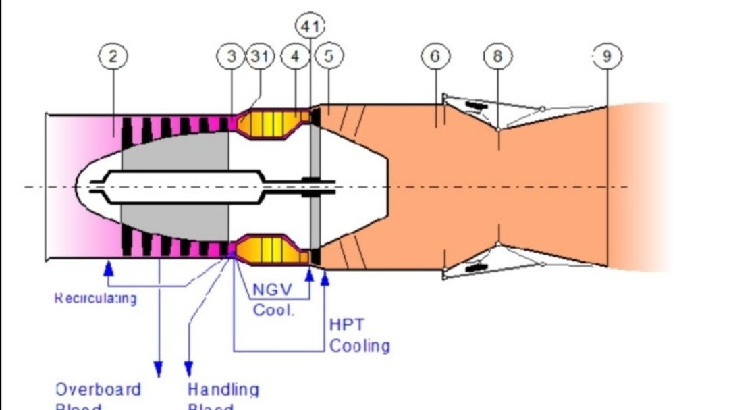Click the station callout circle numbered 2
click(x=113, y=57)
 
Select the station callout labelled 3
click(x=232, y=57)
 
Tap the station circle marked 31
click(x=260, y=57)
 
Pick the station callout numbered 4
click(x=295, y=57)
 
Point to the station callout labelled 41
click(x=310, y=26)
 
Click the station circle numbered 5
click(x=329, y=57)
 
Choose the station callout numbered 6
click(x=435, y=57)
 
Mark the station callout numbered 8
click(x=497, y=57)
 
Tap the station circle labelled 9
click(x=607, y=57)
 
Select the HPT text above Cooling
click(x=347, y=324)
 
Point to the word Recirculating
click(x=95, y=298)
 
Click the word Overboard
click(x=98, y=390)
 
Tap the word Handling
click(x=223, y=390)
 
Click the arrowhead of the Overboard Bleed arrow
click(x=159, y=369)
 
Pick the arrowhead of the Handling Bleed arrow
click(x=189, y=369)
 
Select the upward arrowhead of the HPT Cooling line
click(x=325, y=277)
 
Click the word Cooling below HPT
click(x=359, y=346)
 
